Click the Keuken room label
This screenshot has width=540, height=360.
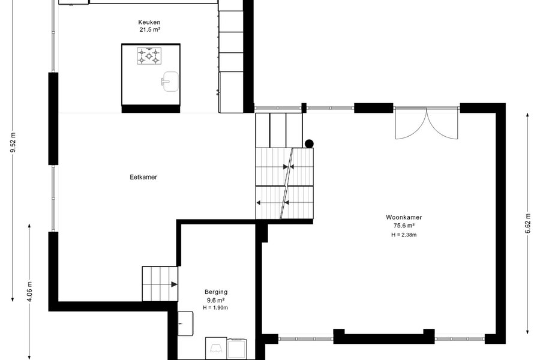(x=149, y=22)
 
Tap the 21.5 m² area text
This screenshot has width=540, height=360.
(x=149, y=29)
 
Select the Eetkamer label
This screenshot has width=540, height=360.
(x=143, y=177)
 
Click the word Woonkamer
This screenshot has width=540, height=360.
(x=404, y=217)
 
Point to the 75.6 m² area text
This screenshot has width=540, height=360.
(x=404, y=226)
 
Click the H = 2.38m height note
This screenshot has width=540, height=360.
(x=404, y=235)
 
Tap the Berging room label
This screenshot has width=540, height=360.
(x=216, y=292)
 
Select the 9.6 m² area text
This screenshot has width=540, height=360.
(x=216, y=300)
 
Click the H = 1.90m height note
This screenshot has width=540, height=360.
(x=215, y=308)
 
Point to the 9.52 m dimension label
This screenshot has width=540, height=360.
(x=13, y=142)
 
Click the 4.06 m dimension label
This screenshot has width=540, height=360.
(x=29, y=292)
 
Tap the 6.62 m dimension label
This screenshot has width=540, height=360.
(x=527, y=223)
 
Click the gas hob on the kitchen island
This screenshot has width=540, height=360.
(x=149, y=56)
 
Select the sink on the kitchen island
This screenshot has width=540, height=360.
(x=169, y=82)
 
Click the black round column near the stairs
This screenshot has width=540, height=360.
(x=309, y=143)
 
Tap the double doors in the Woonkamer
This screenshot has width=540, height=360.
(x=427, y=124)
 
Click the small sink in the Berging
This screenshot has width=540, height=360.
(x=185, y=323)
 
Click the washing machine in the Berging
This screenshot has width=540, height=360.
(x=216, y=348)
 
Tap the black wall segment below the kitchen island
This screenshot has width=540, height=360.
(x=151, y=109)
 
